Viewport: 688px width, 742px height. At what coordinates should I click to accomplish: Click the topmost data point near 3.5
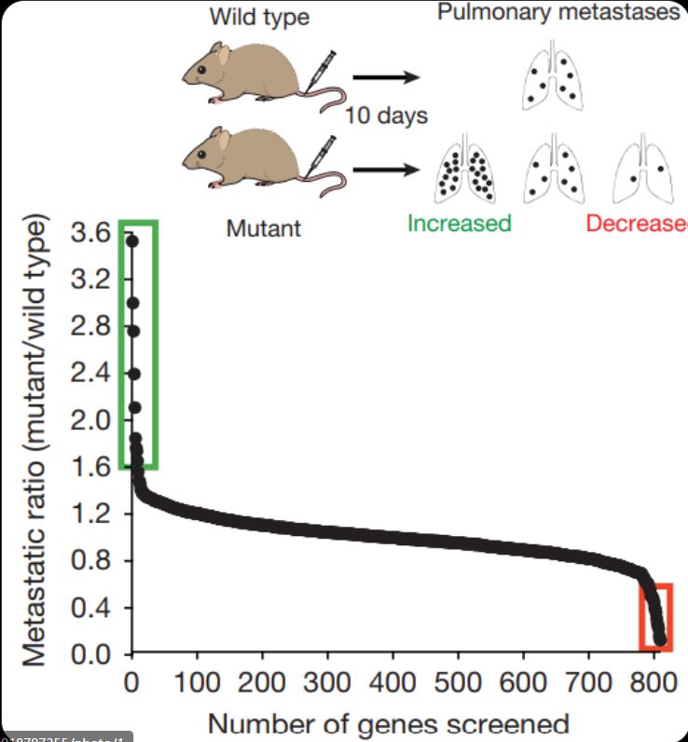[x=131, y=241]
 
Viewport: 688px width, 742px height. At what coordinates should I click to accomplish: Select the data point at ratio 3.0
[x=131, y=303]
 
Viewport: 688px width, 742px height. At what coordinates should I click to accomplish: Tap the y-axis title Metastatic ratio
[x=34, y=443]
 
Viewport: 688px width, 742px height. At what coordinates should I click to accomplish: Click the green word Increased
[x=460, y=224]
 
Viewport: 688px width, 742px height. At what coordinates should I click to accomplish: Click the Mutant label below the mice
[x=264, y=227]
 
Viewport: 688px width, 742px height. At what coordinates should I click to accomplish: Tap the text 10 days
[x=386, y=117]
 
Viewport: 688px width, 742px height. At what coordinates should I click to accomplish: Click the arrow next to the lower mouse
[x=384, y=171]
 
